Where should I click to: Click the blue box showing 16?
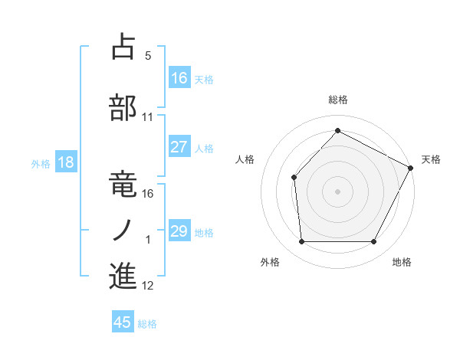tap(179, 77)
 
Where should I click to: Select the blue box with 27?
tap(179, 146)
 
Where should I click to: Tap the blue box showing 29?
tap(179, 231)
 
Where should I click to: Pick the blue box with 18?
tap(65, 162)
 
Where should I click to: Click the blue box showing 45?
tap(123, 322)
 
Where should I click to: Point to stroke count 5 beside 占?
tap(148, 56)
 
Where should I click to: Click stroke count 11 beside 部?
tap(148, 117)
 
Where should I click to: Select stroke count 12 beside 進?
tap(148, 286)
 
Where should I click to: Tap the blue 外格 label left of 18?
tap(41, 163)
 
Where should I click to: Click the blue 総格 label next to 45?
tap(147, 323)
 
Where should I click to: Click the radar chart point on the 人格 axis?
tap(294, 178)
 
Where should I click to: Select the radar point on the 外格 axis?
tap(301, 242)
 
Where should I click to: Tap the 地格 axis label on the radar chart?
tap(402, 262)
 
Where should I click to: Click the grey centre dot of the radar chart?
tap(337, 191)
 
